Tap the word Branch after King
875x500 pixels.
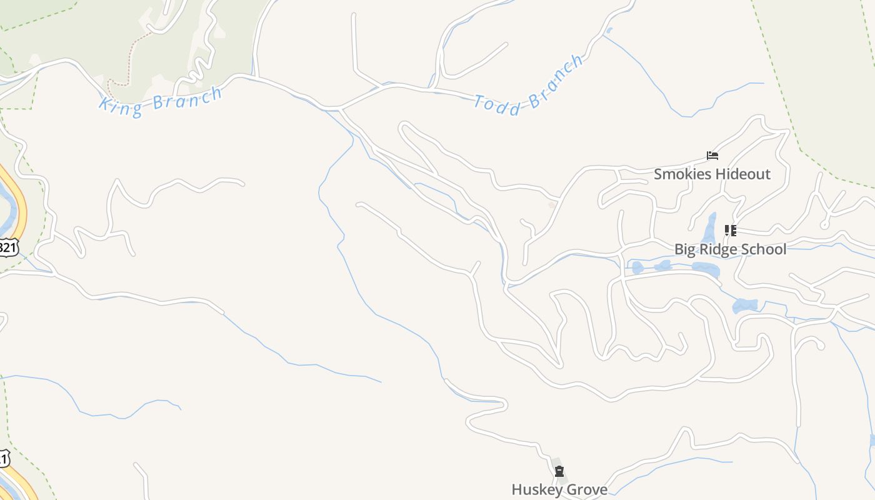(x=187, y=97)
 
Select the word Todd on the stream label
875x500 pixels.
(x=497, y=105)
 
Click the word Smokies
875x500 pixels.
(x=682, y=174)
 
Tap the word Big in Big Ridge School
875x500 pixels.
(x=686, y=249)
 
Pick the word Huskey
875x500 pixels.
(x=536, y=489)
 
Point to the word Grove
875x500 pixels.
(x=587, y=489)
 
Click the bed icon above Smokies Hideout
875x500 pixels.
(x=712, y=156)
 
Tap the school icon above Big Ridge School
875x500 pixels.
(x=730, y=231)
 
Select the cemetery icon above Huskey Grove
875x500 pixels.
(x=559, y=471)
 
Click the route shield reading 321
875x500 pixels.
(x=7, y=247)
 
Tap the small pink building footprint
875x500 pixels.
(x=552, y=204)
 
